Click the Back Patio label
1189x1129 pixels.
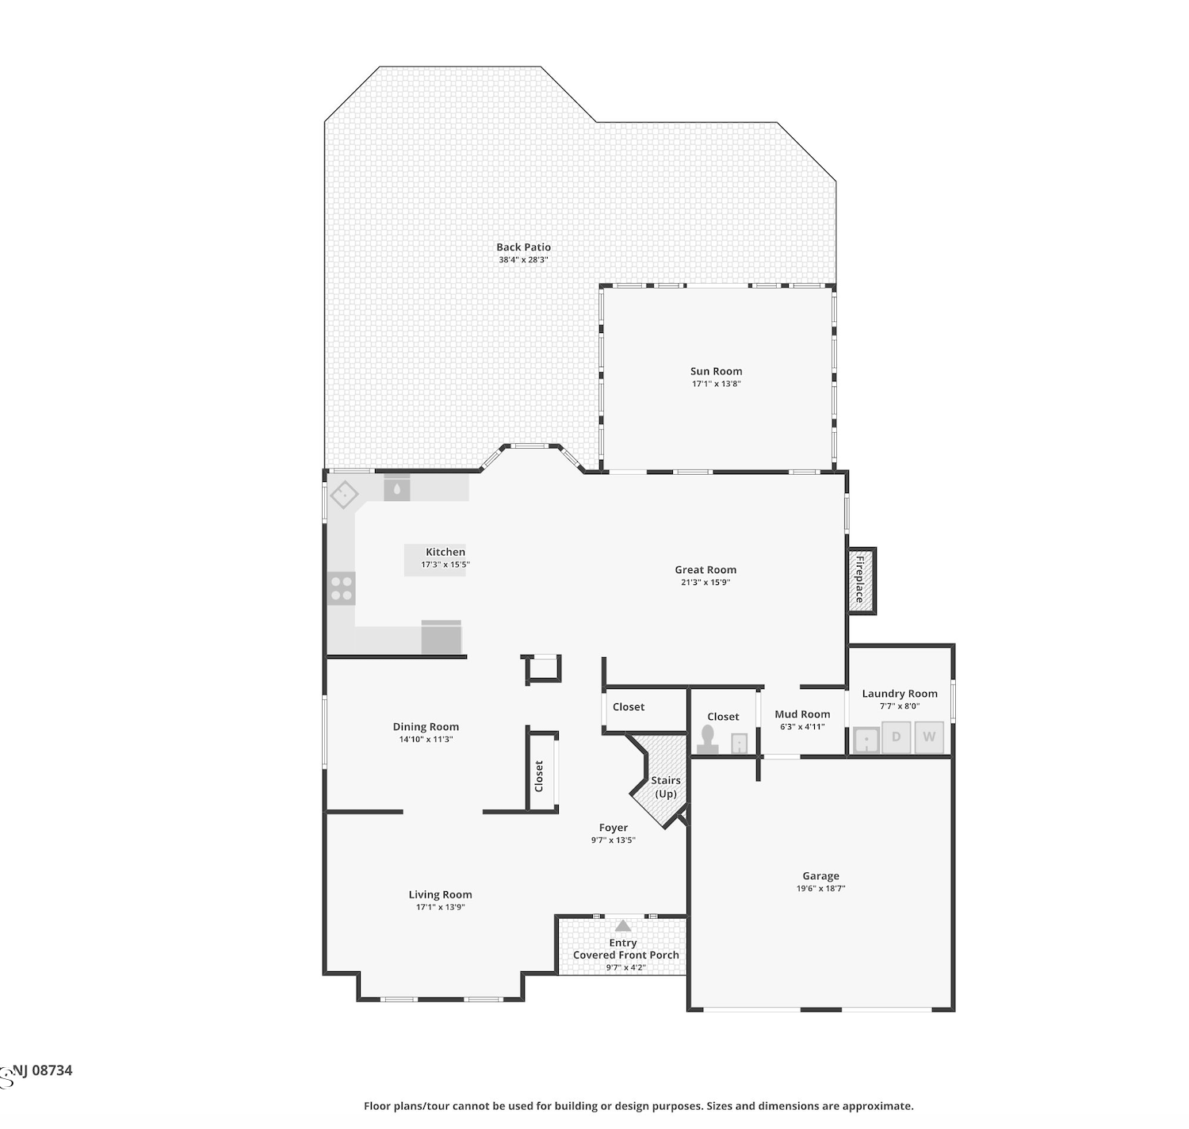pos(523,247)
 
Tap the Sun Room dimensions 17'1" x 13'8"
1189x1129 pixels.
pos(716,384)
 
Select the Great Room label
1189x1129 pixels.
pos(705,569)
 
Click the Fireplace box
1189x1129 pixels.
pos(861,580)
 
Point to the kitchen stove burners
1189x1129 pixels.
pos(342,589)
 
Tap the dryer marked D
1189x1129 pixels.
pos(896,737)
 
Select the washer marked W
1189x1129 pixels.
pos(929,737)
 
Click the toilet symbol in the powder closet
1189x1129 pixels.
pos(708,740)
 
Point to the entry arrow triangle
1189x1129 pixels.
pos(623,926)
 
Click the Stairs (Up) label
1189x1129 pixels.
pos(665,787)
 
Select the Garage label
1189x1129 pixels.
pos(820,875)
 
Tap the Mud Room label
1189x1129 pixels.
pos(802,714)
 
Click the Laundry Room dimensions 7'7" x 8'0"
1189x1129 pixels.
pos(900,706)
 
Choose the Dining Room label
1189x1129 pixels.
pos(426,727)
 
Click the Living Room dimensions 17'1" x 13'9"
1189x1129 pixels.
pos(440,907)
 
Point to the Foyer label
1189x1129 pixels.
pos(614,828)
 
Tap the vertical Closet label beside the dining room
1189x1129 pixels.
pos(539,775)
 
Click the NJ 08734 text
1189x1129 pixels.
pos(42,1070)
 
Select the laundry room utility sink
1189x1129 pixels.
pos(866,741)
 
